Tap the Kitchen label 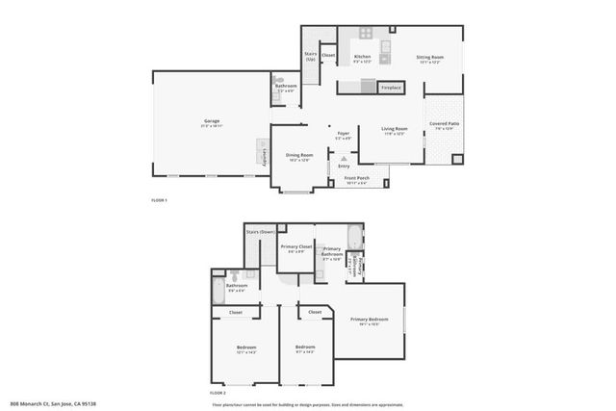point(363,58)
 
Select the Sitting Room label point(429,58)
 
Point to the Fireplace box point(391,88)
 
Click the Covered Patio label point(444,124)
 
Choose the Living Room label point(395,128)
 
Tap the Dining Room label point(299,155)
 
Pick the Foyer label point(343,134)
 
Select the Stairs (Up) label point(311,56)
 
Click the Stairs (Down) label point(261,232)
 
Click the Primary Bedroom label point(370,319)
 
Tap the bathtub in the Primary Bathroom point(353,236)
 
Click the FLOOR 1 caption point(159,199)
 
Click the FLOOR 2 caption point(218,393)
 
